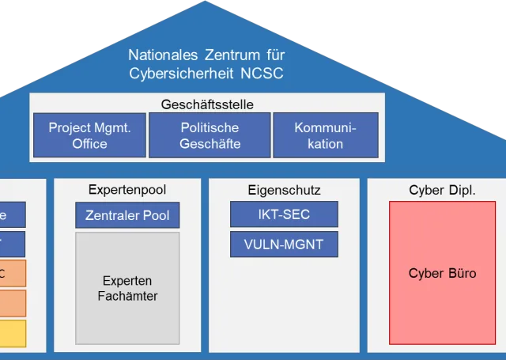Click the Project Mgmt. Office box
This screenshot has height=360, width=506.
(x=89, y=135)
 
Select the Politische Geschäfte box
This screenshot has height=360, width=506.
(x=210, y=135)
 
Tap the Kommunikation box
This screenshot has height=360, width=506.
(x=325, y=135)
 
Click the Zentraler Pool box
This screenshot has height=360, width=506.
(x=127, y=215)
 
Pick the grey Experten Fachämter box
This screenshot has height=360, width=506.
(x=127, y=289)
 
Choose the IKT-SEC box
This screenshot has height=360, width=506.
(x=284, y=214)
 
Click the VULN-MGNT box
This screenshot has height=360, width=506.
(x=284, y=244)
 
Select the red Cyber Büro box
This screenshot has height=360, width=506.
(x=442, y=273)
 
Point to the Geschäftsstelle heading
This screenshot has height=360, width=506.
(x=207, y=104)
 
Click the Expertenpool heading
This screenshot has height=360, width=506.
(x=127, y=190)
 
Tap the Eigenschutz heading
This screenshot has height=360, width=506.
(x=284, y=190)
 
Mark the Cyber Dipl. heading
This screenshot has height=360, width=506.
(x=442, y=190)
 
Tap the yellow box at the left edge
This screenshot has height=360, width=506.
(x=13, y=333)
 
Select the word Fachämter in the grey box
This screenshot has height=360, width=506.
(x=127, y=296)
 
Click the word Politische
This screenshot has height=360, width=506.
(x=210, y=127)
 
